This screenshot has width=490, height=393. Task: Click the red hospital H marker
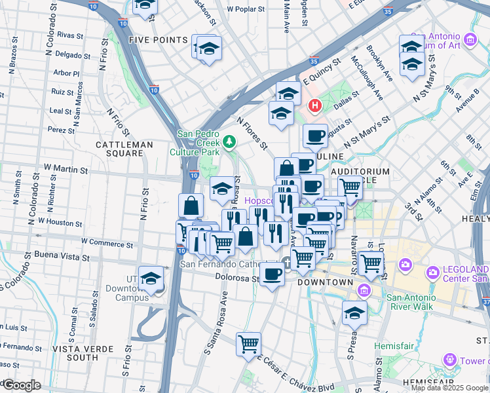pos(315,105)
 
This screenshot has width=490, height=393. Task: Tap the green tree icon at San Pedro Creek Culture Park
pos(229,140)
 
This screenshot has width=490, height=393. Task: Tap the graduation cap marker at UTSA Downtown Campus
pos(151,280)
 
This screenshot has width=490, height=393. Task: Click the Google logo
pos(21,385)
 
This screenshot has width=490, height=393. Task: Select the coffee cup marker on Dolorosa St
pos(272,274)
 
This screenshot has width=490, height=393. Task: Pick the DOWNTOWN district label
pos(321,282)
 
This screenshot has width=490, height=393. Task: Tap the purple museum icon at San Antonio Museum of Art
pos(470,40)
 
